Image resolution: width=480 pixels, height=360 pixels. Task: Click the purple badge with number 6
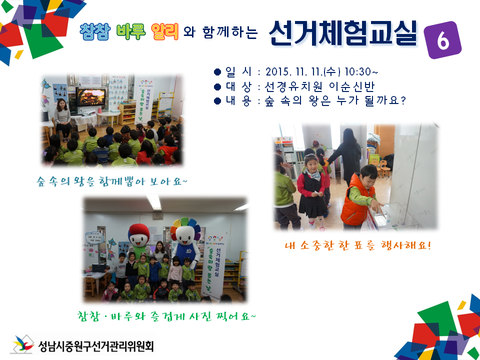point(442,40)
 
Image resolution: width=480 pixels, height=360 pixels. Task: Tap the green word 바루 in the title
point(131,32)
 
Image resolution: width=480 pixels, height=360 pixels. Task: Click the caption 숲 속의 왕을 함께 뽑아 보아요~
point(112,180)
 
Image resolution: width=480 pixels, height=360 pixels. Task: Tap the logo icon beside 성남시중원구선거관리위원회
point(22,344)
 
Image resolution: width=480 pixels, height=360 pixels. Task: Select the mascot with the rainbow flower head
point(186,240)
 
